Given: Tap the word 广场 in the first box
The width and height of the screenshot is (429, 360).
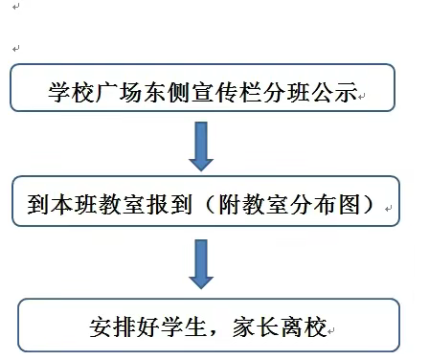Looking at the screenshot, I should (120, 93).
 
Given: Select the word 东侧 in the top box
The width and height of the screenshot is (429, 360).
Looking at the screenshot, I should (169, 93).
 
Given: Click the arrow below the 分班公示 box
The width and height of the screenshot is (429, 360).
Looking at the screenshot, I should (201, 146).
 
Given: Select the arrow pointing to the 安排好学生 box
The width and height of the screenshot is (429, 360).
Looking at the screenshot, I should (201, 263).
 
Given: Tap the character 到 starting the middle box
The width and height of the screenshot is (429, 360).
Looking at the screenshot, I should (38, 204).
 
